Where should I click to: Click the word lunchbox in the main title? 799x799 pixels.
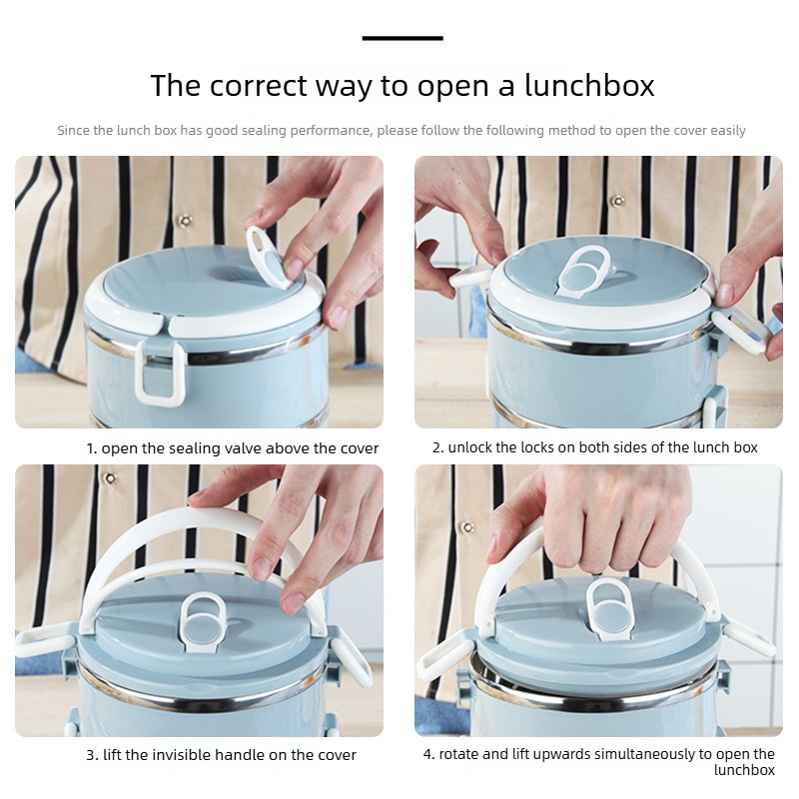coord(589,85)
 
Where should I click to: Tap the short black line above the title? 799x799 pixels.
coord(402,38)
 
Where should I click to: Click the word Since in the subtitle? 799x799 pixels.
coord(73,131)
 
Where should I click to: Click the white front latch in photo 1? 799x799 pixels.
coord(160,372)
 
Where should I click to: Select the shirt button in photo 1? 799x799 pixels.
coord(185,221)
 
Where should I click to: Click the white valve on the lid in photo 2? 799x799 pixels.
coord(584,273)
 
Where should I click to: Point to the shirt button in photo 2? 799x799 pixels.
coord(617,201)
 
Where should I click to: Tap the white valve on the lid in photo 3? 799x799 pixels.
coord(203,621)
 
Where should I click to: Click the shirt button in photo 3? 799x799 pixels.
coord(110,478)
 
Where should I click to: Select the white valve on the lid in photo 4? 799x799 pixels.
coord(610,609)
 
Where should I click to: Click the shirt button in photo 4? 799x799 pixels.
coord(467,527)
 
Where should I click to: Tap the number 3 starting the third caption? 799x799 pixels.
coord(90,755)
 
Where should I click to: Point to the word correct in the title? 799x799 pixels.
coord(259,86)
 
